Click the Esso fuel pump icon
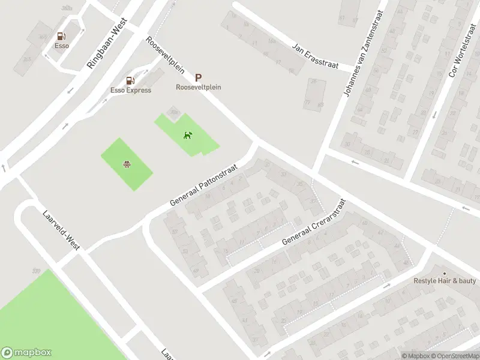[x=61, y=37]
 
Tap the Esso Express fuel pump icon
[x=130, y=81]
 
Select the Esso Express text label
[x=130, y=91]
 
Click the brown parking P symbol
[x=198, y=78]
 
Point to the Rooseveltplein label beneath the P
[x=198, y=87]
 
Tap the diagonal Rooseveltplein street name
[x=165, y=55]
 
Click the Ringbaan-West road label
[x=107, y=43]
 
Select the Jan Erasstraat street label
[x=315, y=55]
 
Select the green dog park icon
[x=188, y=135]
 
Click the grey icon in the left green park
[x=127, y=164]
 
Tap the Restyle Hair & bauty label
[x=445, y=281]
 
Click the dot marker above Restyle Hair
[x=445, y=272]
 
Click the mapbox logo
[x=27, y=353]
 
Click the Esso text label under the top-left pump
[x=61, y=46]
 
